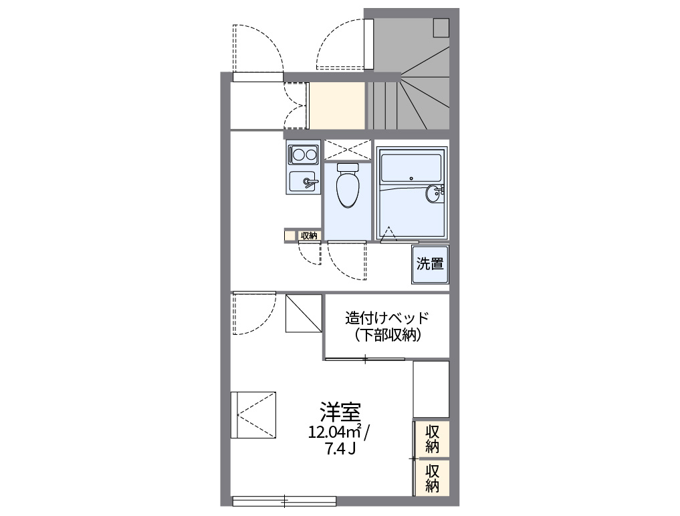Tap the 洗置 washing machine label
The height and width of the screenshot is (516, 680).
[430, 263]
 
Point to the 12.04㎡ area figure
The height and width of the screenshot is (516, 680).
[334, 431]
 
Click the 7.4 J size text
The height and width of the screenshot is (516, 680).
[340, 448]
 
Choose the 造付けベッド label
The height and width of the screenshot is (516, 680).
[386, 317]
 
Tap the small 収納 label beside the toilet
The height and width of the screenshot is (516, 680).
[308, 235]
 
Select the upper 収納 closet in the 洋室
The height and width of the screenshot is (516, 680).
[432, 438]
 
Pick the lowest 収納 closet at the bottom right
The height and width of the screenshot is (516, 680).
[432, 477]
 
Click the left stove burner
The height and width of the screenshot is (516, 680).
[298, 155]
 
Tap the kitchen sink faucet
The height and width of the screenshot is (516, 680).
[309, 180]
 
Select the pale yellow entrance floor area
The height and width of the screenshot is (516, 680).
[337, 106]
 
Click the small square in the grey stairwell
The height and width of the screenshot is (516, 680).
[441, 27]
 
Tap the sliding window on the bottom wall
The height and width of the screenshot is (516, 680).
[284, 501]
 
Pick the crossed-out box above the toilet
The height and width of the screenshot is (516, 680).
[347, 150]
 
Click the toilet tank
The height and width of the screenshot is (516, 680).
[347, 166]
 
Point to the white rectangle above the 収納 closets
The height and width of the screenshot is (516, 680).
[431, 389]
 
